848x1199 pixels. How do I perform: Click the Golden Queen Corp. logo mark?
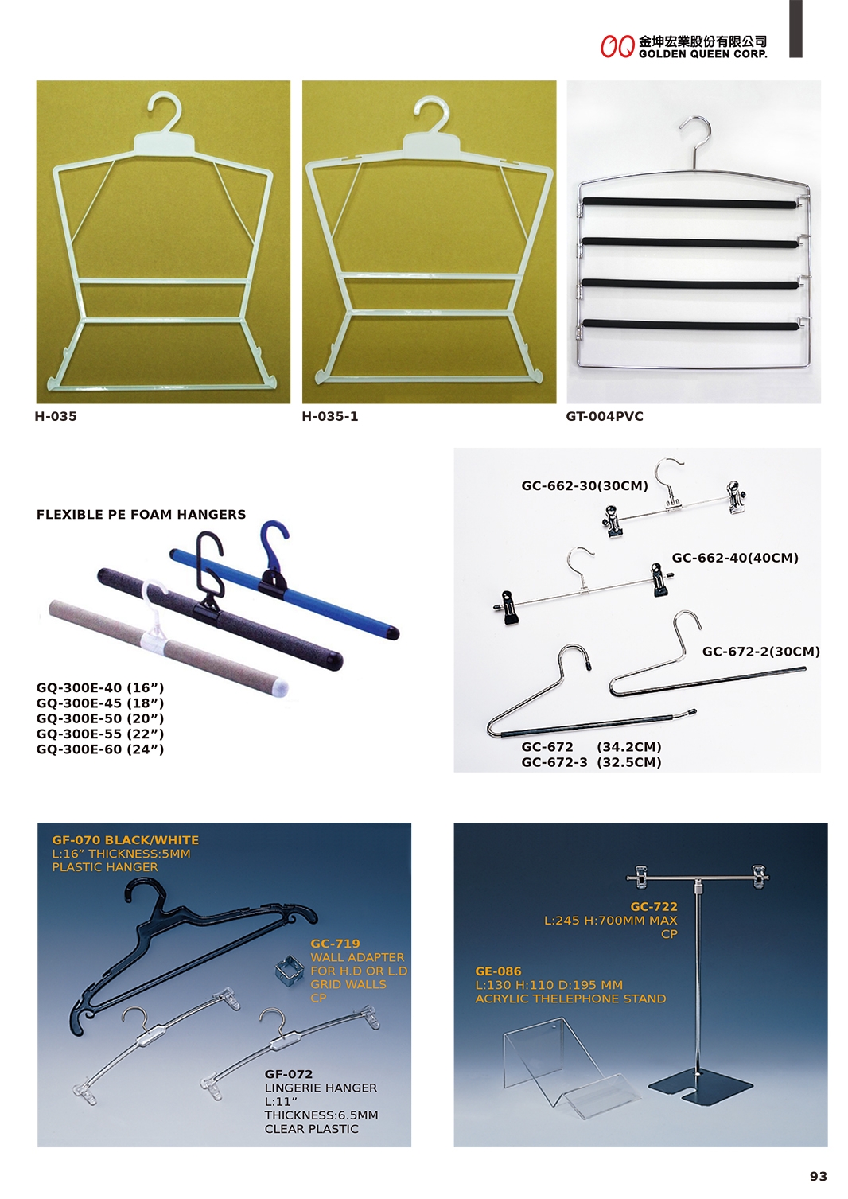(x=617, y=47)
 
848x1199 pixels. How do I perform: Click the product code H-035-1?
(x=330, y=416)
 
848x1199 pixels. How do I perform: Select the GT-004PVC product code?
(x=605, y=416)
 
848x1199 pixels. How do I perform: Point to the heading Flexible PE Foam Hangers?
(x=142, y=515)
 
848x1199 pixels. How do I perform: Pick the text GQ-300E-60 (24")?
(x=100, y=749)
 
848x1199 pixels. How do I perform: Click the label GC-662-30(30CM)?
(x=585, y=485)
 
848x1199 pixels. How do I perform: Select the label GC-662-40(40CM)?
(x=735, y=558)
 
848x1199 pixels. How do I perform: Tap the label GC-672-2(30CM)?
(x=761, y=652)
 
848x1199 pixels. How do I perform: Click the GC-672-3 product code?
(x=554, y=762)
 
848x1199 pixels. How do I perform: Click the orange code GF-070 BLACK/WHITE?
(x=125, y=840)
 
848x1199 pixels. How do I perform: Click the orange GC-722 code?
(x=654, y=907)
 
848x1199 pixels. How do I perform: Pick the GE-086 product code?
(x=499, y=971)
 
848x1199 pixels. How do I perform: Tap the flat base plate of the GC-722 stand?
(x=700, y=1086)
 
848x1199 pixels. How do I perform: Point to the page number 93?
(x=819, y=1177)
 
